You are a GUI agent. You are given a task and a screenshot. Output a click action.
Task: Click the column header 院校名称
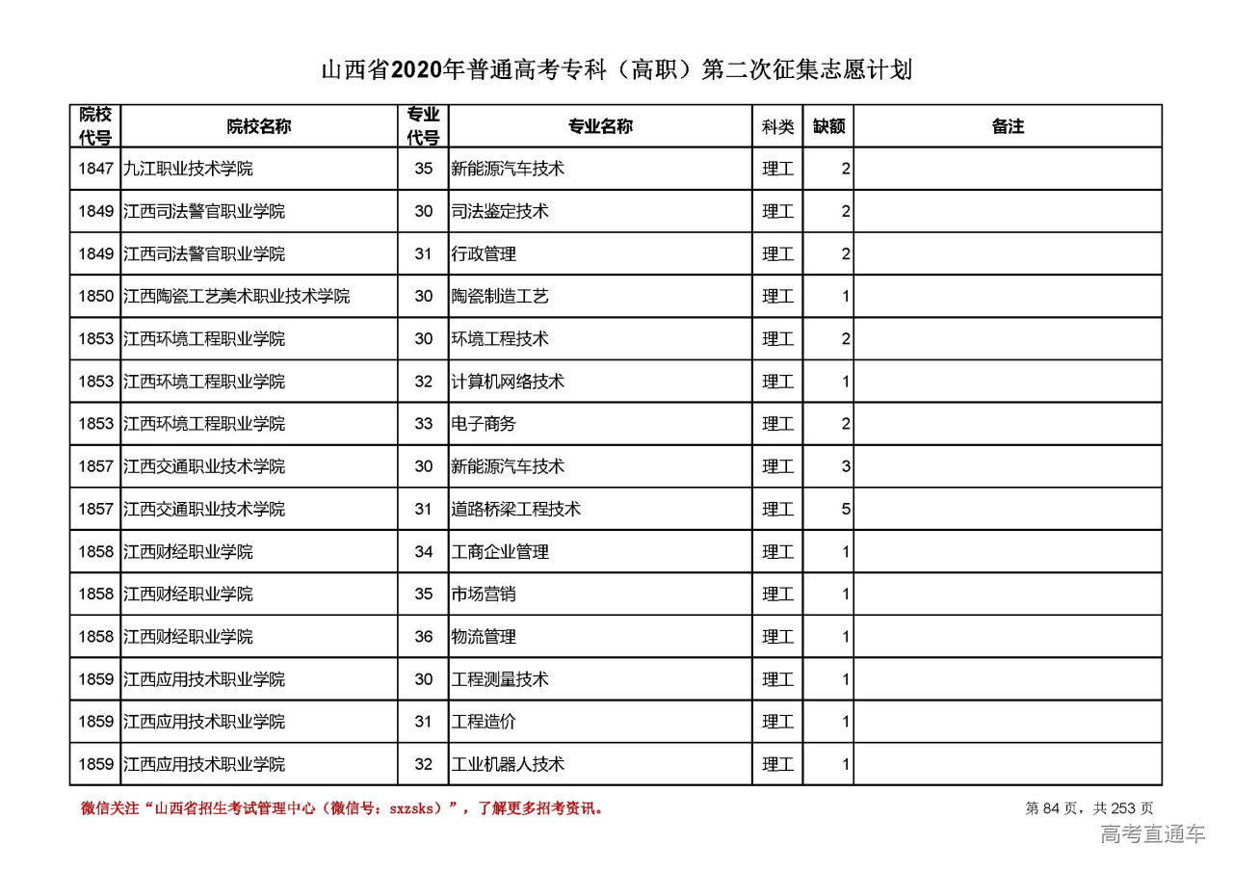coord(259,126)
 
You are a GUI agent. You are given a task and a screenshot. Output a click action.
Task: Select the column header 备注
coord(1007,126)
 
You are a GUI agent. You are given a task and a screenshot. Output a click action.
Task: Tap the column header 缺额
coord(828,126)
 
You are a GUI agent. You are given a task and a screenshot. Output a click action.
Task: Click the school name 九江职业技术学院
coord(188,169)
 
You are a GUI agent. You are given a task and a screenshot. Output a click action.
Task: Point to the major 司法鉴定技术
coord(500,211)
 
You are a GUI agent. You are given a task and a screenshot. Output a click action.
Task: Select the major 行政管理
coord(484,254)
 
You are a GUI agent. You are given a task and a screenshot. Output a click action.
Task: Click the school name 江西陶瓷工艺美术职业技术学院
coord(236,297)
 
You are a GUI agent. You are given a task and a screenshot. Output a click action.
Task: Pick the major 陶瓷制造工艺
coord(500,297)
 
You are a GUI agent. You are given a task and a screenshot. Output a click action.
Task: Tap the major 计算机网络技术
coord(508,382)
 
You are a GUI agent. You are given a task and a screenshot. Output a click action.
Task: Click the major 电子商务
coord(484,424)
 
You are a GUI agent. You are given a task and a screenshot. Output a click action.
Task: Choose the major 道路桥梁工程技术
coord(516,509)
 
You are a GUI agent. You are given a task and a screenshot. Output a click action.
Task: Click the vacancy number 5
coord(846,509)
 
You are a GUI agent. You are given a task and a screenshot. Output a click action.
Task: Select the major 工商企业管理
coord(500,552)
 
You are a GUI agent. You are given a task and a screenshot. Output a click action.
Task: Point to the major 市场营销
coord(484,595)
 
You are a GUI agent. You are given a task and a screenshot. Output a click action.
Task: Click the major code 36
coord(424,637)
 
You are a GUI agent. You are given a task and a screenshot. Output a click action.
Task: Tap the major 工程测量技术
coord(500,679)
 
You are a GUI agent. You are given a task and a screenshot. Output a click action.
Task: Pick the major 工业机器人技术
coord(508,764)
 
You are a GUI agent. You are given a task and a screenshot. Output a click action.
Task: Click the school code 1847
coord(95,169)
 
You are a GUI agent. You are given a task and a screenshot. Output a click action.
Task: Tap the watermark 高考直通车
coord(1152,834)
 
